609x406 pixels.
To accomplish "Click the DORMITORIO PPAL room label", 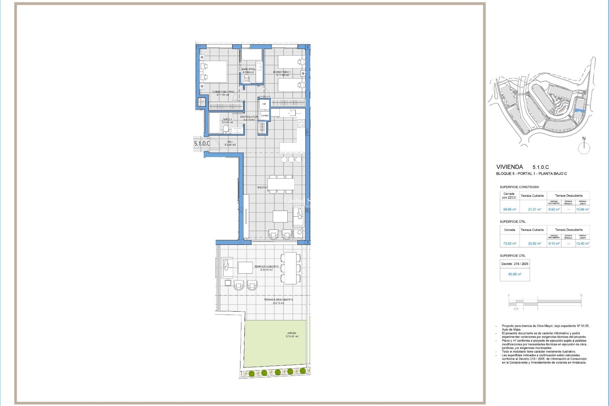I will coord(223,92).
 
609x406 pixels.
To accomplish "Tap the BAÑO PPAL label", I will coord(248,69).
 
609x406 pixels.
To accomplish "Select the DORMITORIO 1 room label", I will coord(282,72).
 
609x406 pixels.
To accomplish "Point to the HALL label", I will coord(230,142).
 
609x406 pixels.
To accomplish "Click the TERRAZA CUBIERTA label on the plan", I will coord(266,266).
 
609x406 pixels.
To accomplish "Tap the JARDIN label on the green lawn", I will coord(291,333).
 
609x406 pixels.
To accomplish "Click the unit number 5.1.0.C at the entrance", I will coord(202,143).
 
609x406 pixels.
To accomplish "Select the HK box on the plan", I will coord(264,104).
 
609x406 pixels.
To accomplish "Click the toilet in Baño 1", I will coord(226,129).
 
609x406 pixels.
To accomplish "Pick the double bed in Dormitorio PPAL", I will coord(214,72).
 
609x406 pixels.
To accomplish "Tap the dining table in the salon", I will coord(281,184).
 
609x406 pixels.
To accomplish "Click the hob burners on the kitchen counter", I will coord(301,123).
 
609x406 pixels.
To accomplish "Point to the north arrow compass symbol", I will coord(584,147).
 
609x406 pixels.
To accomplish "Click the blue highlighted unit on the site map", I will coord(580,110).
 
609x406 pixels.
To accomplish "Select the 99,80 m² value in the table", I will coord(509,209).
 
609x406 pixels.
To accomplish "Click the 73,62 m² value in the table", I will coord(509,244).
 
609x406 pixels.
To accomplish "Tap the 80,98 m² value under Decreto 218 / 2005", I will coord(515,274).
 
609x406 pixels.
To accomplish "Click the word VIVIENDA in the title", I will coord(509,167).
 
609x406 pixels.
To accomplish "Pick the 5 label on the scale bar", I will coord(581,295).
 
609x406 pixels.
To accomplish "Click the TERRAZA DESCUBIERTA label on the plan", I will coord(278,300).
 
